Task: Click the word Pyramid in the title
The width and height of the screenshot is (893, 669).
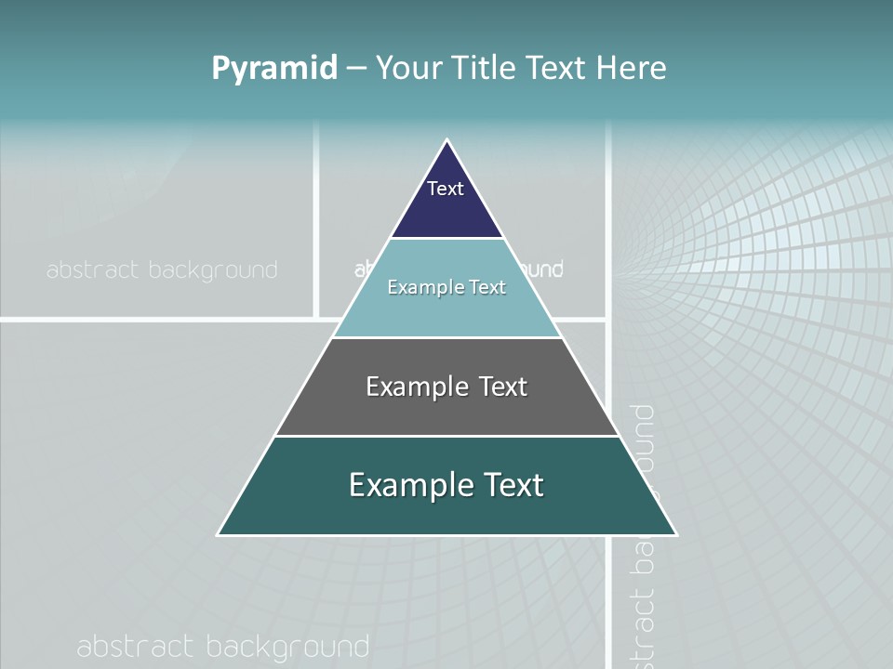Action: coord(274,68)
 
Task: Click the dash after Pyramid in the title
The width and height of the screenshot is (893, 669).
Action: coord(356,69)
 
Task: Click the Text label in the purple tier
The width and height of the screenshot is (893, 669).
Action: coord(446,189)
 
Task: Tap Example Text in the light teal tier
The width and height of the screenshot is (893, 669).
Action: coord(446,287)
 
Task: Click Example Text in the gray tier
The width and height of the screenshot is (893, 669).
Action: coord(446,387)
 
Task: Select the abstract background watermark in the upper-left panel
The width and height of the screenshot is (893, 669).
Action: coord(162,270)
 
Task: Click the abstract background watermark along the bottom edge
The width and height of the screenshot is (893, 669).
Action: coord(223,647)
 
